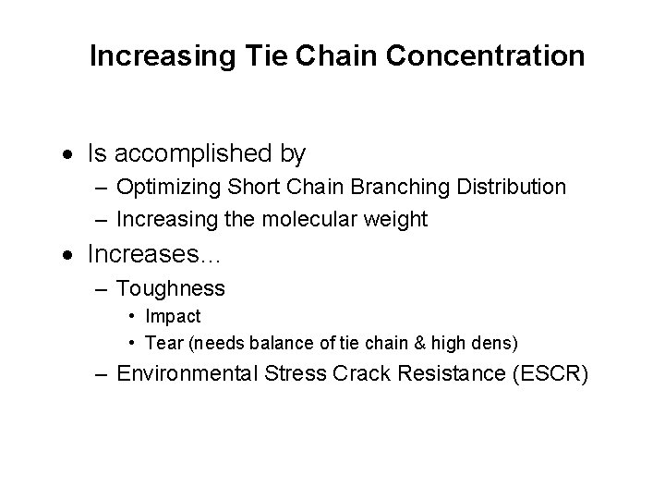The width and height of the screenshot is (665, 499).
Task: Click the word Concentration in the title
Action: tap(486, 57)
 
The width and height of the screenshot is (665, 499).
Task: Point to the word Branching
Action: tap(397, 187)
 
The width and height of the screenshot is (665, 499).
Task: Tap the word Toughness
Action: tap(171, 288)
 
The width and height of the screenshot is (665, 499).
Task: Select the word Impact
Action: tap(173, 317)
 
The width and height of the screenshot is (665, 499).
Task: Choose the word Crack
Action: tap(364, 374)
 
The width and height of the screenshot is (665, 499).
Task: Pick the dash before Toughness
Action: tap(103, 289)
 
